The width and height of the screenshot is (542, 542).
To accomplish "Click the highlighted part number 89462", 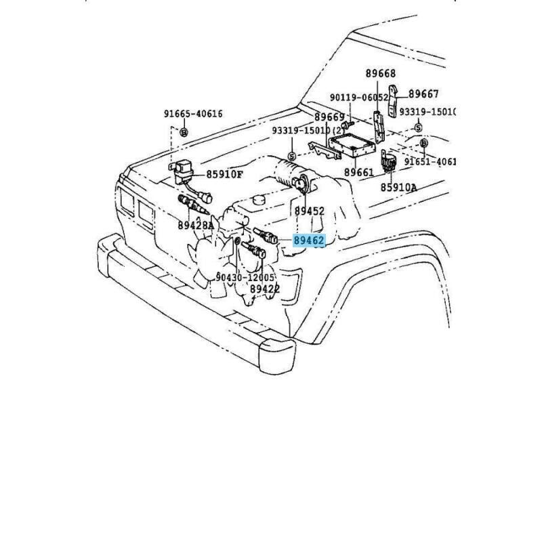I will pyautogui.click(x=309, y=240).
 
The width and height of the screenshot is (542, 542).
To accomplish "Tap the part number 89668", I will pyautogui.click(x=380, y=73).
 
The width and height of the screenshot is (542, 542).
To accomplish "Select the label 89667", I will pyautogui.click(x=424, y=94).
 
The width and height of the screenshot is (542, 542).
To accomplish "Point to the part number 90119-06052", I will pyautogui.click(x=359, y=98).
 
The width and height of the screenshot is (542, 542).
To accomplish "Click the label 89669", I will pyautogui.click(x=329, y=117).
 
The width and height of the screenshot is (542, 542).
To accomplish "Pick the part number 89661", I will pyautogui.click(x=359, y=173).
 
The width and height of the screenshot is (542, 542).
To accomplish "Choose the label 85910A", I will pyautogui.click(x=398, y=187).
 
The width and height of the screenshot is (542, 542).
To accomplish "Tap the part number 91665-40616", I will pyautogui.click(x=192, y=114).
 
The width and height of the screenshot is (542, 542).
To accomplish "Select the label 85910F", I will pyautogui.click(x=224, y=174).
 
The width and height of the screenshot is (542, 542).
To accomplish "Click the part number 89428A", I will pyautogui.click(x=196, y=225).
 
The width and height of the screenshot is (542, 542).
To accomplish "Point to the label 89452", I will pyautogui.click(x=310, y=211).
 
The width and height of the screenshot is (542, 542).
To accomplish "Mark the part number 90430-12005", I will pyautogui.click(x=245, y=278).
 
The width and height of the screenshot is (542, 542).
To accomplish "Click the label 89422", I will pyautogui.click(x=265, y=289).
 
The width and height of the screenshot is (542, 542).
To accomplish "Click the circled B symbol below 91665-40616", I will pyautogui.click(x=183, y=133).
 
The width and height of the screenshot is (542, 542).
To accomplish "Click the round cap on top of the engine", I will pyautogui.click(x=259, y=201).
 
